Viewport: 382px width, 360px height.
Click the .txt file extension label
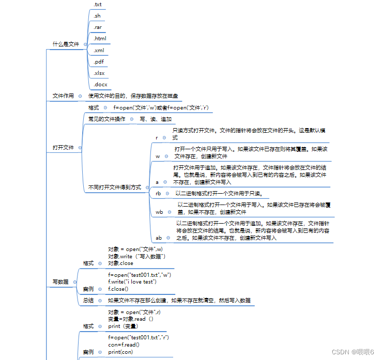point(97,4)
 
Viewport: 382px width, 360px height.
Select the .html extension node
point(100,39)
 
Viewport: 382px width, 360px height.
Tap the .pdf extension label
point(98,61)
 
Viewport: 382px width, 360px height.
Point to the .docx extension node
point(100,84)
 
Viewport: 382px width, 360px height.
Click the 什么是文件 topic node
point(66,44)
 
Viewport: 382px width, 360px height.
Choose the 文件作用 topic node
point(63,96)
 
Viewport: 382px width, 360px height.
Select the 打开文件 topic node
point(63,148)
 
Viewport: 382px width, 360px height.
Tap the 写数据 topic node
point(60,281)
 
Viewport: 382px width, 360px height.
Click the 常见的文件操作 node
point(106,119)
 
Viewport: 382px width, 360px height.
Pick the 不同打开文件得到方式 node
point(114,187)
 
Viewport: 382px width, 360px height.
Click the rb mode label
point(158,193)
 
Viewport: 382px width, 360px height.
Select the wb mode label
point(159,212)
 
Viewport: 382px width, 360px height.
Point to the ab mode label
point(159,238)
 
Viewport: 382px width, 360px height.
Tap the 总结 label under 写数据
point(88,300)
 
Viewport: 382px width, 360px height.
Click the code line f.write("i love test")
point(132,281)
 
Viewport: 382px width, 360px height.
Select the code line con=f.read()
point(124,345)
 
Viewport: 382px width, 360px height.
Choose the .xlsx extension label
point(99,73)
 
